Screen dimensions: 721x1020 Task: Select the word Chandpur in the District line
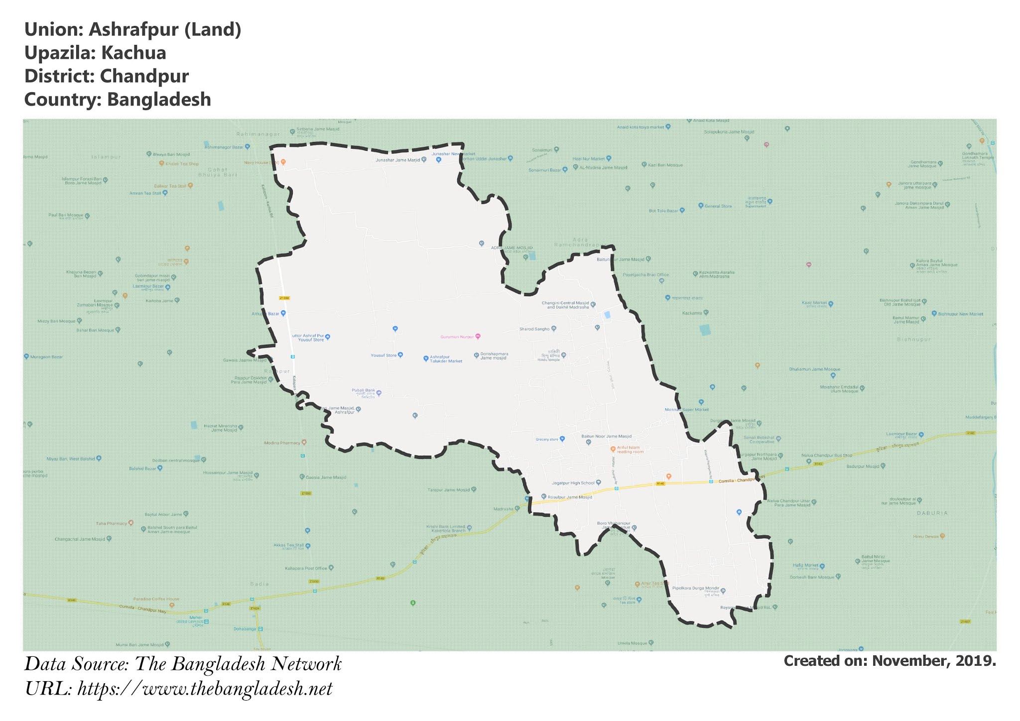point(144,76)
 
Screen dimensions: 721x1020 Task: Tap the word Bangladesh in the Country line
point(159,100)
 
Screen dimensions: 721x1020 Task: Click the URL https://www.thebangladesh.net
point(205,689)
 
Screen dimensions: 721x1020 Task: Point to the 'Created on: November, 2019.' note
point(890,661)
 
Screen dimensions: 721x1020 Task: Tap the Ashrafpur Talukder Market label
point(445,359)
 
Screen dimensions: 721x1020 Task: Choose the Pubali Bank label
point(364,391)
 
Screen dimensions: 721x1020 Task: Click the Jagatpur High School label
point(573,483)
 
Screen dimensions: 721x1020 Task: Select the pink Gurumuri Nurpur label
point(457,337)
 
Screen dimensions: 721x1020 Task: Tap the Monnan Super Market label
point(686,410)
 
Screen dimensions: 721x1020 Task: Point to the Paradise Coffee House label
point(156,599)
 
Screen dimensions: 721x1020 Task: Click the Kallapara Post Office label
point(306,568)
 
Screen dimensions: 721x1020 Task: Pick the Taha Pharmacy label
point(112,523)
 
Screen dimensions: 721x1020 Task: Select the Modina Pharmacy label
point(282,443)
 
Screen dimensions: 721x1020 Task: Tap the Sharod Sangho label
point(534,329)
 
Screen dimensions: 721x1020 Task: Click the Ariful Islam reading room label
point(630,450)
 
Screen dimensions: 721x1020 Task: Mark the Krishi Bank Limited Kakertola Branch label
point(445,529)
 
